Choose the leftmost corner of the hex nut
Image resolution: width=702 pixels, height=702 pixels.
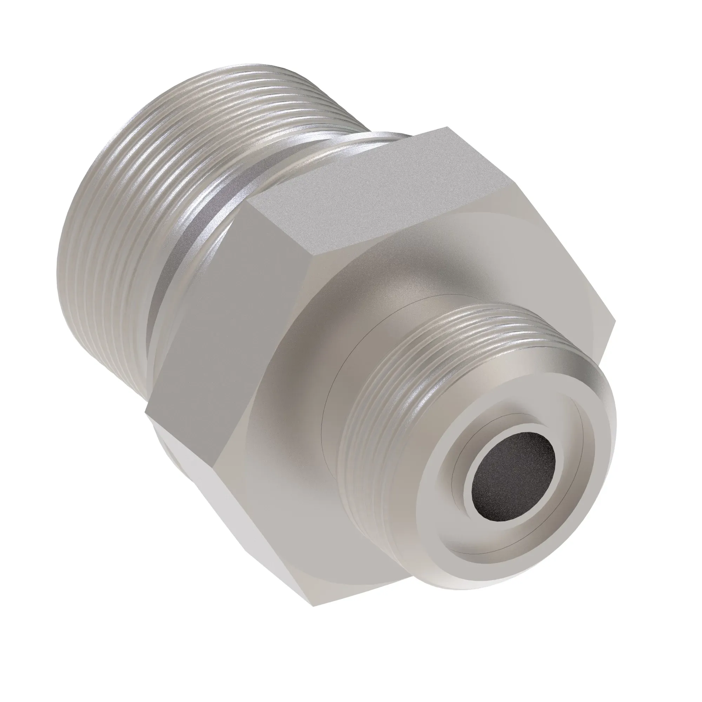pyautogui.click(x=145, y=411)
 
